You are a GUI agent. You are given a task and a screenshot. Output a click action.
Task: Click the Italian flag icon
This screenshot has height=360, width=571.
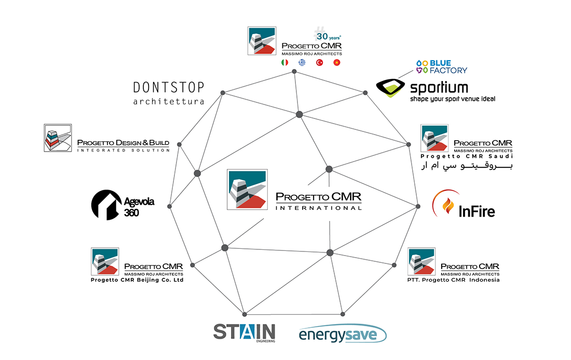tap(284, 63)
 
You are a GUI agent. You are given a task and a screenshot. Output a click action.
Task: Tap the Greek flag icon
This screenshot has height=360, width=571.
tap(302, 63)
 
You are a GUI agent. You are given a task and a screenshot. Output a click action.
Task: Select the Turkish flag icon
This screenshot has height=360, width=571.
tap(319, 63)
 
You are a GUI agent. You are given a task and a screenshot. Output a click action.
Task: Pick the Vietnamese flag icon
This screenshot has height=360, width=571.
tap(336, 63)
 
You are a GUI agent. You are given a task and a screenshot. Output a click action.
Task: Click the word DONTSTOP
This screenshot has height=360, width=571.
tap(169, 87)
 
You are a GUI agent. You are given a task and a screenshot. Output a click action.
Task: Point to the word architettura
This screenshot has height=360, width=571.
tap(169, 102)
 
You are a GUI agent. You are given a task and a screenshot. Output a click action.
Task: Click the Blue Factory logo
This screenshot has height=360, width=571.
tap(441, 66)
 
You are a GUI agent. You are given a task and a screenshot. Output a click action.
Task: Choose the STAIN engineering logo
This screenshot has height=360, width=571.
tap(244, 332)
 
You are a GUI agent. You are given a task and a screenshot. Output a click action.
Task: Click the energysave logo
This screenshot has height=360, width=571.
tap(342, 334)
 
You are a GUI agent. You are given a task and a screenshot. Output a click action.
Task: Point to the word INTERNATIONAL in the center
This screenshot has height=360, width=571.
tap(318, 208)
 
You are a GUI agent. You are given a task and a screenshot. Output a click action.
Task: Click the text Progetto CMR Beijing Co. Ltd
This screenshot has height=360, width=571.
tap(137, 280)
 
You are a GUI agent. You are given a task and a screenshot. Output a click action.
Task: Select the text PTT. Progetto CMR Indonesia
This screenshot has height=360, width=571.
tap(454, 280)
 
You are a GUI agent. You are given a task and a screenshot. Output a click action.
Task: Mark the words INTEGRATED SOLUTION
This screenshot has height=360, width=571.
tap(123, 150)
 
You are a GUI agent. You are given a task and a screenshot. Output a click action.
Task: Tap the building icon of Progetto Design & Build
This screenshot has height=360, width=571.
tap(57, 138)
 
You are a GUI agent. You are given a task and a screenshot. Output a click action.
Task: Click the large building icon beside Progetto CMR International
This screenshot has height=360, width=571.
tap(247, 189)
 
